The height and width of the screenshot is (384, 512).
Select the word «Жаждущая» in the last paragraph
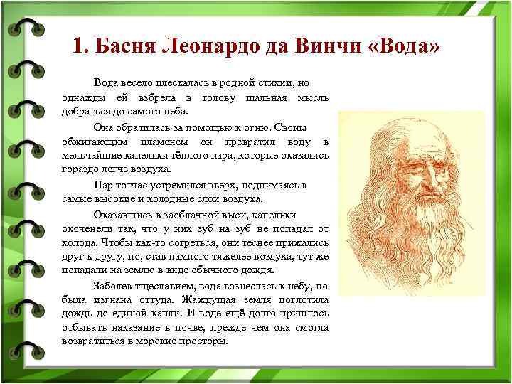(208, 299)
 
